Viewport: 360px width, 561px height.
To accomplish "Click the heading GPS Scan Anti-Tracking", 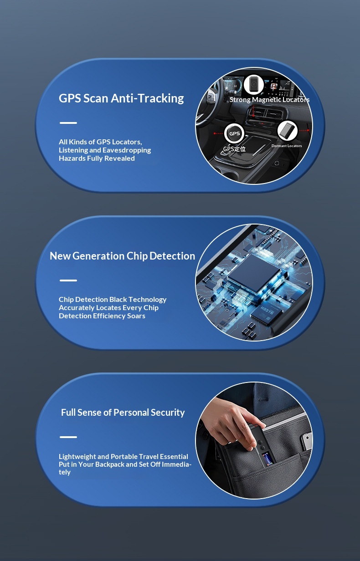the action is click(121, 98).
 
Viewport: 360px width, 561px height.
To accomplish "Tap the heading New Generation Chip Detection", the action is click(122, 256).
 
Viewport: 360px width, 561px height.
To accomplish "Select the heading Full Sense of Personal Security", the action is click(123, 413).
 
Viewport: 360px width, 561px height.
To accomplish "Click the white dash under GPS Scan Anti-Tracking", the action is click(68, 123).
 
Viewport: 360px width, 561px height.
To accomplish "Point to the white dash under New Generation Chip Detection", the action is click(68, 280).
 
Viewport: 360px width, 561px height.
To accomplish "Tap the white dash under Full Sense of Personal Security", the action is click(68, 437).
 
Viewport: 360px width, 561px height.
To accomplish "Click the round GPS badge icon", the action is click(234, 133).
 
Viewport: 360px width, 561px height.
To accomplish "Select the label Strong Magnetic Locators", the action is click(269, 100).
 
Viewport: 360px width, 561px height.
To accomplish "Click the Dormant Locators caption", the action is click(287, 146).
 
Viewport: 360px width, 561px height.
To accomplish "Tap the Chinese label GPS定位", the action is click(234, 149).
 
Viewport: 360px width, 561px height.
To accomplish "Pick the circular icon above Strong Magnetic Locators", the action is click(253, 85).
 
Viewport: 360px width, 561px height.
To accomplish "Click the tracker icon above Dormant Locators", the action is click(287, 131).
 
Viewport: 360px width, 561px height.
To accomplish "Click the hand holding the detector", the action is click(232, 421).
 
